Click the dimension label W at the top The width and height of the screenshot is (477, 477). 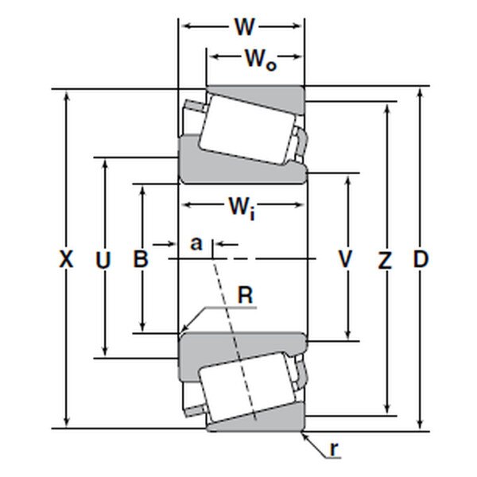[244, 28]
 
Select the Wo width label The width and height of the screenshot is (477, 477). [259, 58]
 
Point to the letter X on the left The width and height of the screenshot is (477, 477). [67, 259]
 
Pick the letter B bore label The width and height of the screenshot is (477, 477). [140, 259]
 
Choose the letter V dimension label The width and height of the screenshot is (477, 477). [346, 259]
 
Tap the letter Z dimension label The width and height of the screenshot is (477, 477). [386, 259]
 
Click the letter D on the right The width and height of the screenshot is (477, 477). [421, 259]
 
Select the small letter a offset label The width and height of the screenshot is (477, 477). [196, 242]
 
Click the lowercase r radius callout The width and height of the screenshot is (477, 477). [335, 450]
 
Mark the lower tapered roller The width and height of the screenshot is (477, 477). [247, 390]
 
